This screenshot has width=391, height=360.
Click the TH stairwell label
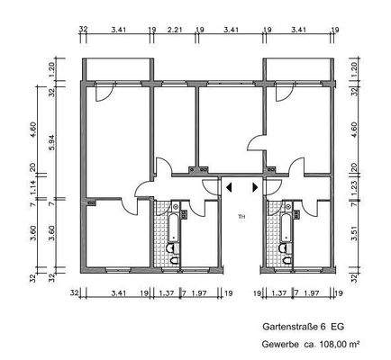241,217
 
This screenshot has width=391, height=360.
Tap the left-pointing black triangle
228,188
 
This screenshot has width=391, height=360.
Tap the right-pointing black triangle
256,188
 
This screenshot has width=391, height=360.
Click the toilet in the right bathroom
286,253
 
